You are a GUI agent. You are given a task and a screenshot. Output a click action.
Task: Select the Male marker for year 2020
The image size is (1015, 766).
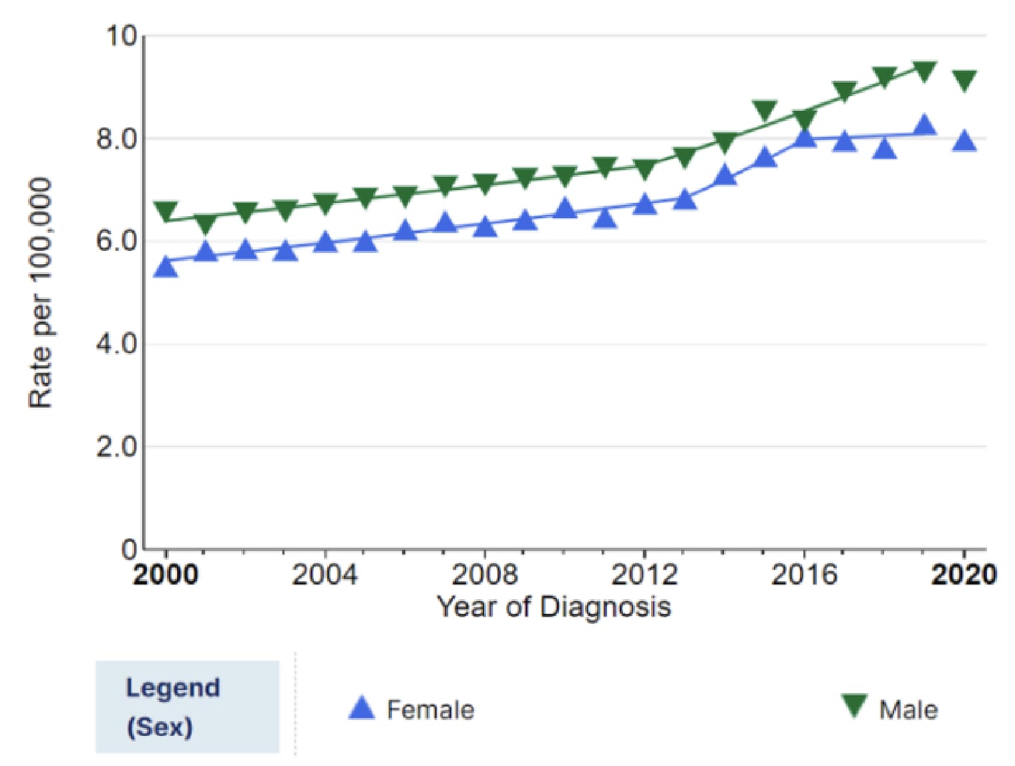point(964,80)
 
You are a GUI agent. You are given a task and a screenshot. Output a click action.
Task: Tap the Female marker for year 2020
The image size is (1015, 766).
point(964,141)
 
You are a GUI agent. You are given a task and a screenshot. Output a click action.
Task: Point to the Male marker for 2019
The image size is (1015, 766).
point(924,71)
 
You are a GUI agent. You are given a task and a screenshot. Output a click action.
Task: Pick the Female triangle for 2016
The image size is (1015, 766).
point(805,137)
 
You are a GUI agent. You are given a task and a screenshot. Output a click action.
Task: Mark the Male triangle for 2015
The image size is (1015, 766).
point(765,110)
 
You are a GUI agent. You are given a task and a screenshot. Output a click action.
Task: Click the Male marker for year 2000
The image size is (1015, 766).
point(166,211)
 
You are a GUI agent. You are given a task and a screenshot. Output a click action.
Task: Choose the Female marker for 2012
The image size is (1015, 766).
point(645,204)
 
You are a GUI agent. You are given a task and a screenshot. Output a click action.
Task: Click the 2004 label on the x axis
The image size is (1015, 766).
point(325,574)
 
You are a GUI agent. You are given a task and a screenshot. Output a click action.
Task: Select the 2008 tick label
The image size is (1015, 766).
point(485,574)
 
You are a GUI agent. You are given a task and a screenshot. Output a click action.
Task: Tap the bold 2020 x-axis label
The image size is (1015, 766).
point(964,574)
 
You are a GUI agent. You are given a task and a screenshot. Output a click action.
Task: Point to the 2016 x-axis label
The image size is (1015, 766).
point(804,574)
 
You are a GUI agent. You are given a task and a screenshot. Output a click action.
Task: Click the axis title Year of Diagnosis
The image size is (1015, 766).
point(554,607)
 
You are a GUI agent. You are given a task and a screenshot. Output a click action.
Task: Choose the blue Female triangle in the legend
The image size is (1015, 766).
point(362,709)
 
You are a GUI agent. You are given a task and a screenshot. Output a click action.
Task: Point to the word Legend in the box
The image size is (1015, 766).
point(173,688)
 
